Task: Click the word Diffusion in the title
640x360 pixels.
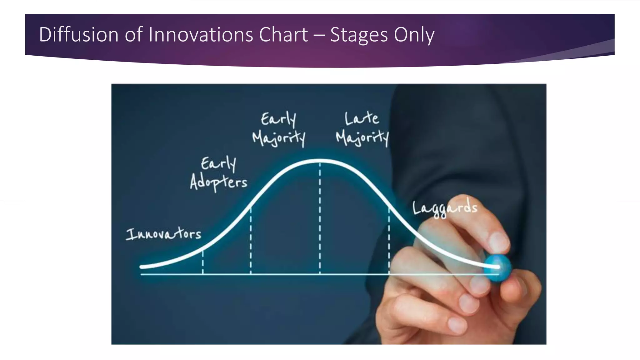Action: coord(78,34)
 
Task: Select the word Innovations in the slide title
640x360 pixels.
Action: coord(201,34)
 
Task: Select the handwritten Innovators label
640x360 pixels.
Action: coord(163,234)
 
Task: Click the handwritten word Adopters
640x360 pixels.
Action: coord(218,182)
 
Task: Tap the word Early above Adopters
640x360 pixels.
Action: coord(218,163)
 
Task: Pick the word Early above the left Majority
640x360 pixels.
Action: coord(278,119)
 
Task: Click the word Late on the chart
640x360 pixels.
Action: coord(362,118)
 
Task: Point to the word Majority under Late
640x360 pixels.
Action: coord(362,138)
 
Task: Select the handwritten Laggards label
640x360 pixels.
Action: coord(445,208)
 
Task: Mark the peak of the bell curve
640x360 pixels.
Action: coord(320,161)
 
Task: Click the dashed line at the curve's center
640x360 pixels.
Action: coord(320,219)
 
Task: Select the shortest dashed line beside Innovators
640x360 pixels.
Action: coord(203,262)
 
